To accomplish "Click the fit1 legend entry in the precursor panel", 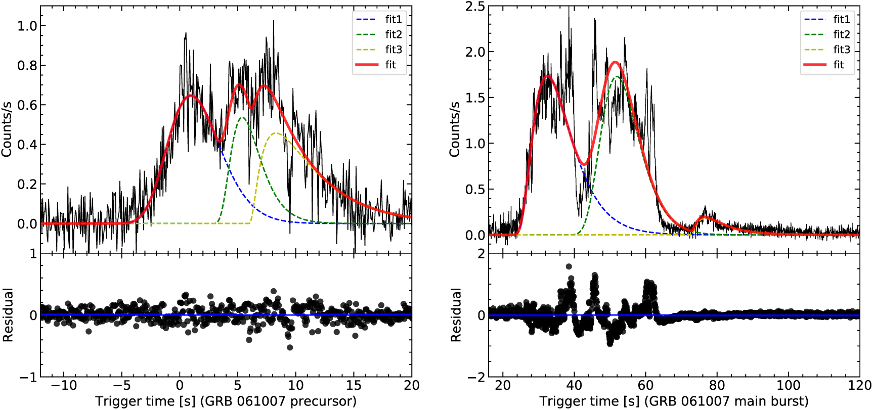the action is click(x=379, y=19).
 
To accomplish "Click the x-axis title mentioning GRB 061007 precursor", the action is click(x=226, y=401).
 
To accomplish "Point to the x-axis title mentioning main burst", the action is click(x=674, y=401).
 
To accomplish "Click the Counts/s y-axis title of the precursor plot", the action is click(x=7, y=129).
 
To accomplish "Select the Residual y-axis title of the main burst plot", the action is click(x=456, y=315).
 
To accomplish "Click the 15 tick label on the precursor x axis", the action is click(x=354, y=385).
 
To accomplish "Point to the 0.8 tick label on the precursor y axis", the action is click(x=27, y=65).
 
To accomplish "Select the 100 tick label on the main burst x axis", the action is click(x=789, y=385).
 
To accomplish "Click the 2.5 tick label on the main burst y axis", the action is click(x=475, y=7).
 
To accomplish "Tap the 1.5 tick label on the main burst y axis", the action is click(x=475, y=98).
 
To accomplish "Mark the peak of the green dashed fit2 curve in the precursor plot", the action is click(x=243, y=118).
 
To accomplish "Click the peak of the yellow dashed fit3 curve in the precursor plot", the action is click(x=276, y=133).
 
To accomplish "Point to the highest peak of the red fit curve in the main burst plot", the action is click(x=615, y=62).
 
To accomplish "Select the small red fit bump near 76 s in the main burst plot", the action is click(x=703, y=218).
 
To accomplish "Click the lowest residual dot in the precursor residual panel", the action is click(x=290, y=347).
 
